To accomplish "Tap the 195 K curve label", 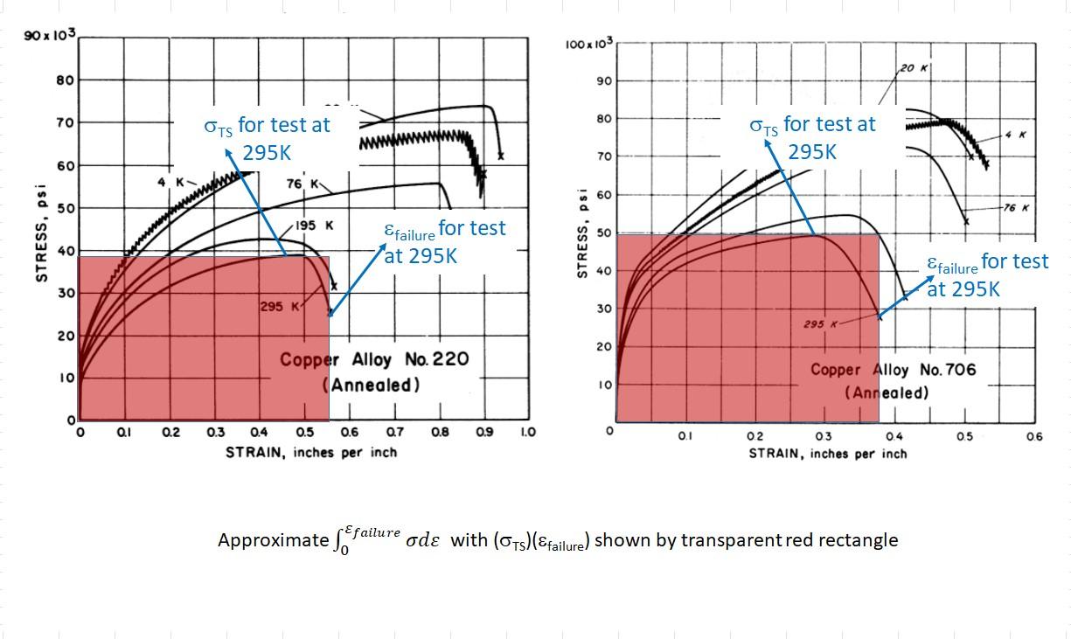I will tap(315, 226).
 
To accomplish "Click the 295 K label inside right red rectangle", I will tap(819, 324).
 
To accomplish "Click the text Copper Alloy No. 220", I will tap(374, 359).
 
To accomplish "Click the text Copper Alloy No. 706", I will tap(893, 370).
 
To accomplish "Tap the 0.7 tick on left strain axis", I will tap(393, 432).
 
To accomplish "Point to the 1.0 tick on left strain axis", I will tap(527, 432).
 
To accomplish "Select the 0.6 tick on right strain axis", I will tap(1034, 436).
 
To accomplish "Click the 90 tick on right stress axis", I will tap(602, 80).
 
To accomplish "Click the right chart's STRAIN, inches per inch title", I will tap(827, 454).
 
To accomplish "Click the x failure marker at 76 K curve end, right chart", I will tap(966, 221).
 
